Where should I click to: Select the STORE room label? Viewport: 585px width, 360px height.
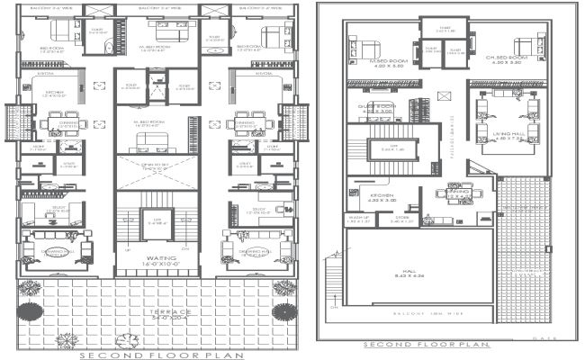(x=400, y=219)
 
